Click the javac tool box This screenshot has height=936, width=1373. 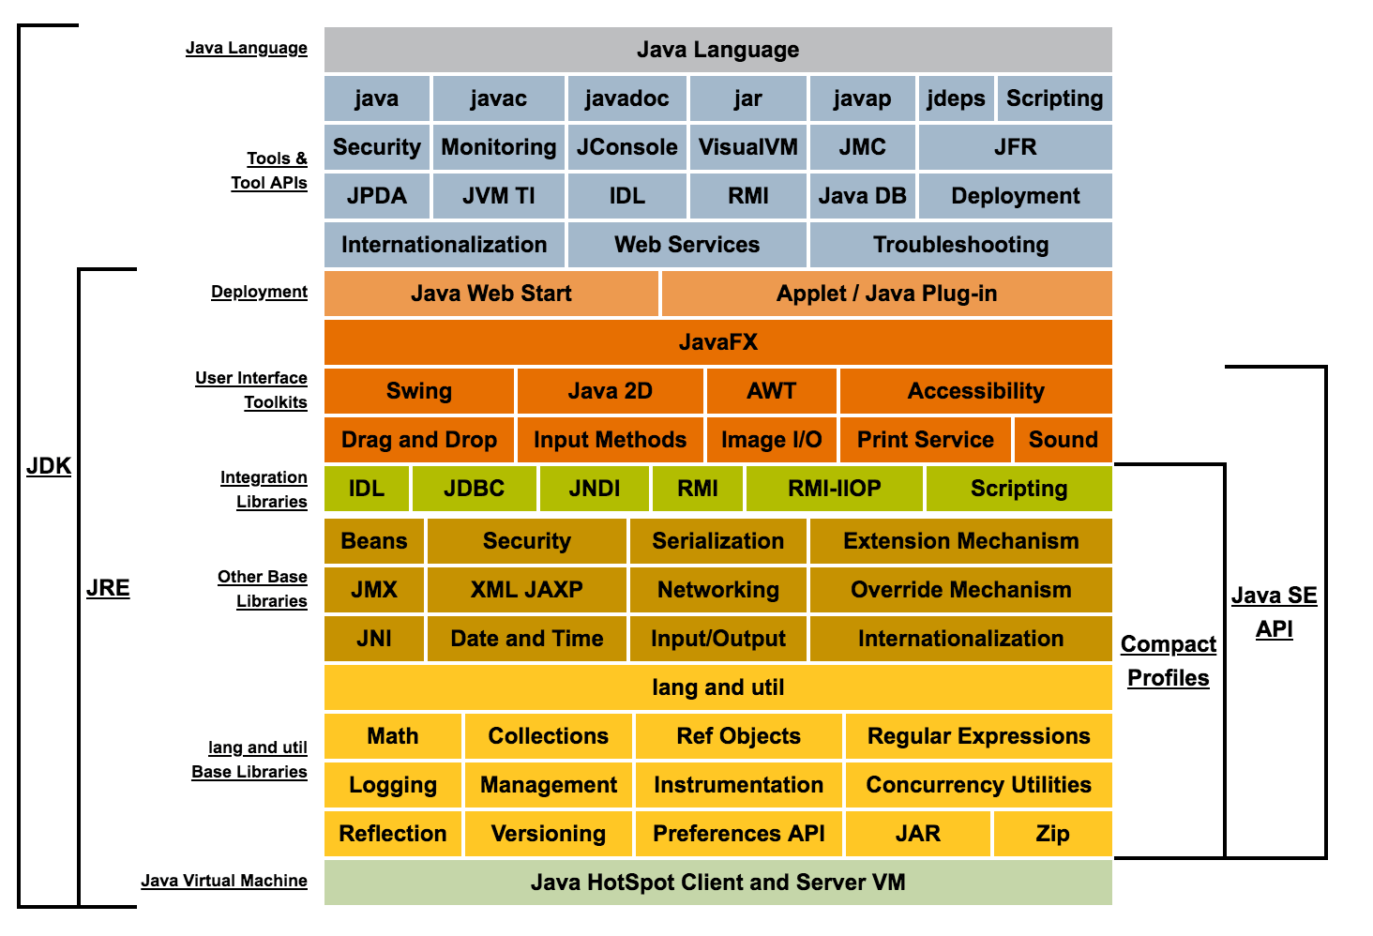[498, 98]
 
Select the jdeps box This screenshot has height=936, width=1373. [956, 98]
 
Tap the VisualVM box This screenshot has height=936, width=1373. [747, 147]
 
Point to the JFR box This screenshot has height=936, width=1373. [1015, 147]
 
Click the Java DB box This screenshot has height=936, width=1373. [863, 195]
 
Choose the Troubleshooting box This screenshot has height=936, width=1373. [961, 245]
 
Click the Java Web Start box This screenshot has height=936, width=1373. [491, 293]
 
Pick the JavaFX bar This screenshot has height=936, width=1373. [717, 342]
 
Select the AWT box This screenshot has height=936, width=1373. [771, 390]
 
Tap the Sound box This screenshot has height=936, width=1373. [1063, 440]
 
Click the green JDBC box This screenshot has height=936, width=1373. [475, 489]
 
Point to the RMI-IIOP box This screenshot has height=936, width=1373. [835, 489]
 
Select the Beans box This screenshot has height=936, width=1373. [374, 540]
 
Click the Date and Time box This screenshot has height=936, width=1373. [526, 638]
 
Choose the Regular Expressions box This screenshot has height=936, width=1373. [978, 735]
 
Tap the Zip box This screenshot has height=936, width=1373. [1052, 834]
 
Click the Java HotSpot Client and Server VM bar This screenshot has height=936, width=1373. [717, 882]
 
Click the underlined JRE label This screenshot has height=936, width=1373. [108, 588]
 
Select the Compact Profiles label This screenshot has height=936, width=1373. [1169, 661]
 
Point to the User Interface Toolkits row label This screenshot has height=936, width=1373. [251, 390]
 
